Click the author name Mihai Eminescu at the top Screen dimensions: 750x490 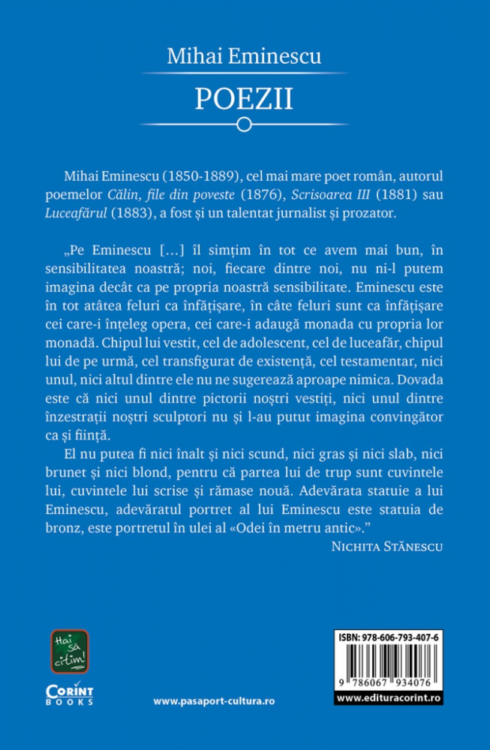(245, 55)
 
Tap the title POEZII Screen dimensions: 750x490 (244, 97)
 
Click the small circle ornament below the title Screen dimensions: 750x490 (244, 125)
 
